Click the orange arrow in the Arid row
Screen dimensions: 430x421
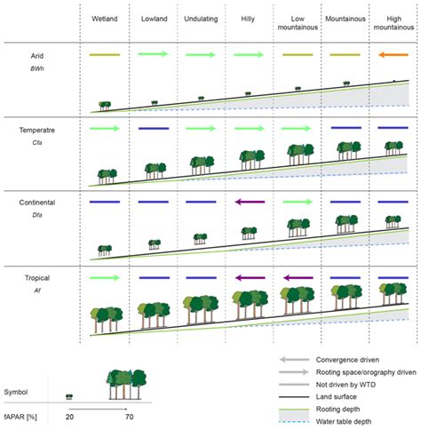point(392,55)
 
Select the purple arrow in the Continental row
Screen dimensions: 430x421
point(248,203)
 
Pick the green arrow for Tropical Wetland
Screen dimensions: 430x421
point(105,278)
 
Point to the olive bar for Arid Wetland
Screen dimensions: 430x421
point(105,55)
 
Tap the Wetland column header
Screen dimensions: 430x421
point(104,18)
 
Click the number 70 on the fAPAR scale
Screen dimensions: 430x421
point(131,417)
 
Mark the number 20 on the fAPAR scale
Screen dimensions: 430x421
point(68,417)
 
